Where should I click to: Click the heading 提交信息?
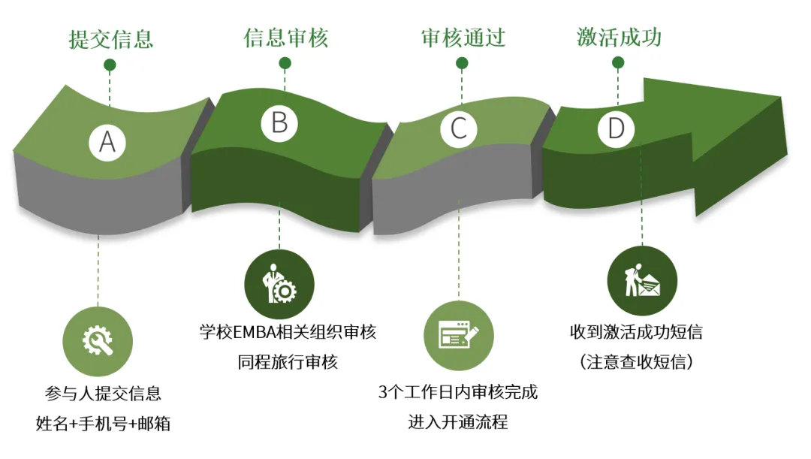(111, 38)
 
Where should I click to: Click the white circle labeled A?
(107, 141)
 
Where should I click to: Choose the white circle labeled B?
(279, 122)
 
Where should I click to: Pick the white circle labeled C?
(458, 129)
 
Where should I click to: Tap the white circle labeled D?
(616, 129)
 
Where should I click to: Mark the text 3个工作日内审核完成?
(458, 392)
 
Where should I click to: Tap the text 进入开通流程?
(458, 422)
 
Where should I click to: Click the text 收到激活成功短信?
(636, 331)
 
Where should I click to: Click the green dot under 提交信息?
(110, 65)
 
